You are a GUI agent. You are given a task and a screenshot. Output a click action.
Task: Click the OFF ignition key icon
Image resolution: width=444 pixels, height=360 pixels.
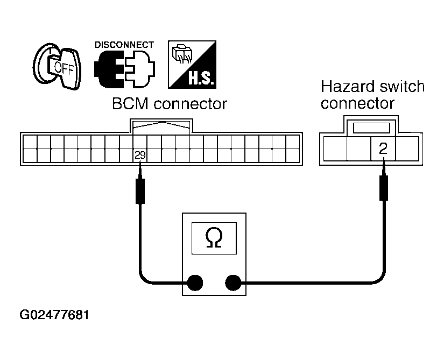point(57,67)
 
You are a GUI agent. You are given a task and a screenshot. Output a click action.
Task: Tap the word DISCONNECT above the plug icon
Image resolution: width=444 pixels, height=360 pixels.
point(124,45)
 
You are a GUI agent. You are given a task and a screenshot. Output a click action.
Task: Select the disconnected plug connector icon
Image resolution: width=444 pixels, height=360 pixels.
point(125,69)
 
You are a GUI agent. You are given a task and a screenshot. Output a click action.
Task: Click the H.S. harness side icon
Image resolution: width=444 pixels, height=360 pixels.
point(192,65)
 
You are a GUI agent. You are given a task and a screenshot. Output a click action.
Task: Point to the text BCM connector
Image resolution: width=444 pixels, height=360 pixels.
point(170,104)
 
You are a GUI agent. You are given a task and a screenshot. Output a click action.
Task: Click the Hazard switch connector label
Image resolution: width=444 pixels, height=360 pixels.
point(372,95)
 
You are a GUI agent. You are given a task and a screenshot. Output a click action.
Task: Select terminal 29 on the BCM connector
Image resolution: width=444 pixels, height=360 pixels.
point(140,156)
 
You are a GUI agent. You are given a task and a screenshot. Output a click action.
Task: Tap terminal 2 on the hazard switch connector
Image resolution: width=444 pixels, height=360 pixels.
point(383,149)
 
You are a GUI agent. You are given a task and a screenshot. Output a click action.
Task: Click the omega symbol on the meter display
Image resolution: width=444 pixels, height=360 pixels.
point(214,238)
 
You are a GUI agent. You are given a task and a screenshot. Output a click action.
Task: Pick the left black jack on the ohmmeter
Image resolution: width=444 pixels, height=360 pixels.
point(195,283)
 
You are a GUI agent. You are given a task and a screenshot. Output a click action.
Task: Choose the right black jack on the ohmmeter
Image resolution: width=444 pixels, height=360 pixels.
point(233,283)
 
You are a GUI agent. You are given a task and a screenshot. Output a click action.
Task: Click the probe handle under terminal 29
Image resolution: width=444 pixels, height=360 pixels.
point(140,191)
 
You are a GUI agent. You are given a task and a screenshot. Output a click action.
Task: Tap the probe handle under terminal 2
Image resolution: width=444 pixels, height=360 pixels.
point(383,188)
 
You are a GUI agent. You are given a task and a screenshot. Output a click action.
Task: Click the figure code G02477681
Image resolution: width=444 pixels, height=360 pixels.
point(54,315)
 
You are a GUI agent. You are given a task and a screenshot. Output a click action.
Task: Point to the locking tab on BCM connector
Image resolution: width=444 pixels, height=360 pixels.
point(161,126)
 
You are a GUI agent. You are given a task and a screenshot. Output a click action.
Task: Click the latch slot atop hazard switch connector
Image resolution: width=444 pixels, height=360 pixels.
point(371,128)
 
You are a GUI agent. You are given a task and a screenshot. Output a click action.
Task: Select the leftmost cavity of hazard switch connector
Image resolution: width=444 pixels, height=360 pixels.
point(335,149)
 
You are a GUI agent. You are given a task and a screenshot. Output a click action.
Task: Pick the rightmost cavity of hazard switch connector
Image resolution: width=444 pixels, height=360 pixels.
point(407,149)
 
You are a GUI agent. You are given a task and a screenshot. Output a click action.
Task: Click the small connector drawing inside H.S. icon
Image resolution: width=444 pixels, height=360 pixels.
point(182,53)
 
